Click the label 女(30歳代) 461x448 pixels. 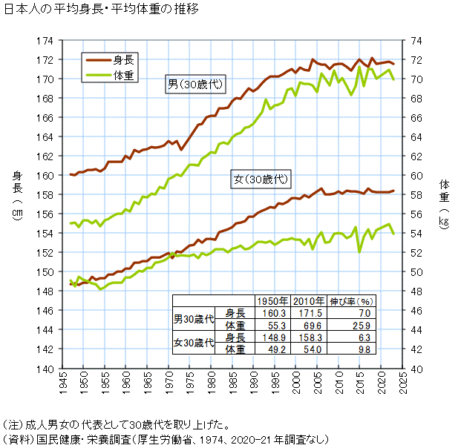tap(259, 179)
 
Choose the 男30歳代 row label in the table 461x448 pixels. tap(194, 320)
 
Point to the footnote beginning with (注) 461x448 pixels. tap(116, 426)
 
